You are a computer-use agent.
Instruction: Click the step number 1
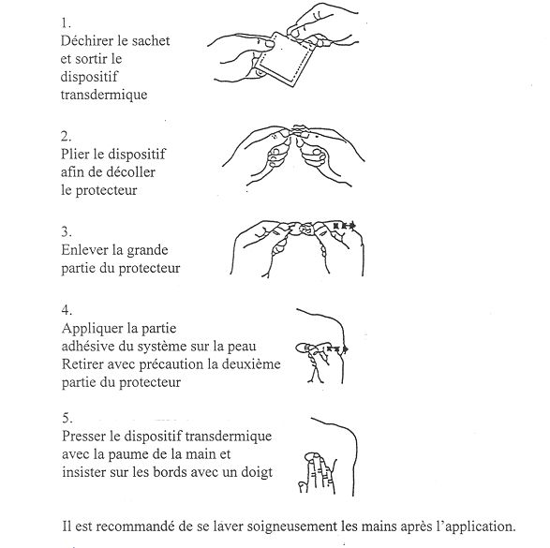[x=66, y=23]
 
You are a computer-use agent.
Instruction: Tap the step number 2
[x=66, y=136]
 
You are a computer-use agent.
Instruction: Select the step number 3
[x=67, y=232]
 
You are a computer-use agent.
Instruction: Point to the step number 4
[x=67, y=310]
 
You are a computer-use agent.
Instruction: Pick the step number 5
[x=67, y=419]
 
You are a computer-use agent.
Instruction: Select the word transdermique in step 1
[x=104, y=96]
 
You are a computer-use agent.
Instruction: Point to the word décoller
[x=130, y=172]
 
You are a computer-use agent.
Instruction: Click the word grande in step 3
[x=147, y=251]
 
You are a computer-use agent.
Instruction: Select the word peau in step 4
[x=242, y=348]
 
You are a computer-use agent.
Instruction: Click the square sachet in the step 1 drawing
[x=284, y=60]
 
